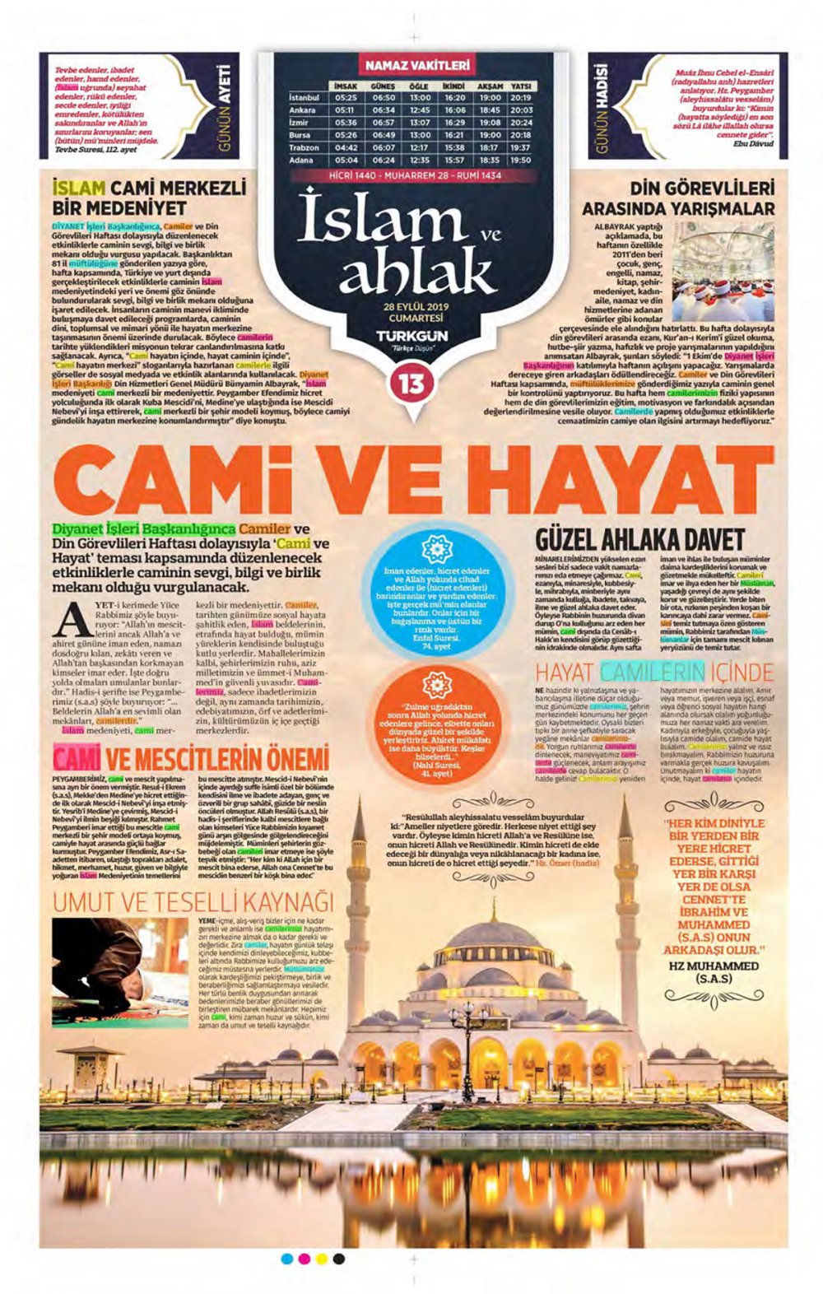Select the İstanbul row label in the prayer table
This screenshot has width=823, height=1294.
[303, 97]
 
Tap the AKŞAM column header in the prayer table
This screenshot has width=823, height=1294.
[490, 86]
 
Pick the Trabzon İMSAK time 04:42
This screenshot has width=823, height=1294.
[346, 147]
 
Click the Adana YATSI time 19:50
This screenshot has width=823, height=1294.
[520, 161]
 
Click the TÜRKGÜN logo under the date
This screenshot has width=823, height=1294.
[411, 336]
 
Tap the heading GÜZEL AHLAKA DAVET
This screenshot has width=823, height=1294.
[639, 540]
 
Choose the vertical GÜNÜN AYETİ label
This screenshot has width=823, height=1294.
[224, 106]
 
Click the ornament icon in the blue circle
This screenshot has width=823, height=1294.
[437, 549]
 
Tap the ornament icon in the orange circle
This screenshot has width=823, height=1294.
[437, 685]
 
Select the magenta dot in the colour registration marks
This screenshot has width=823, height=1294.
[304, 1259]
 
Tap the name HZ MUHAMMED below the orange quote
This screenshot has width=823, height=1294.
[714, 966]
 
